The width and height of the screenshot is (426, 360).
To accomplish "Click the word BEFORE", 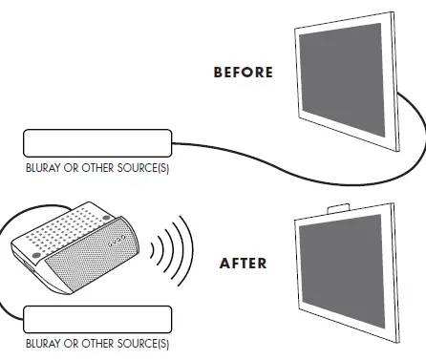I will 243,73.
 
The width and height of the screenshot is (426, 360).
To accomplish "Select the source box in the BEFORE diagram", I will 96,145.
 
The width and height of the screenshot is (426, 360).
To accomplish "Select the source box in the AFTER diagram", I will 96,319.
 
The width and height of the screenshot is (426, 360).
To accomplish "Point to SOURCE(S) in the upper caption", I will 143,167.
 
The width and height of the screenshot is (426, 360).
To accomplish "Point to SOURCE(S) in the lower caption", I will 143,342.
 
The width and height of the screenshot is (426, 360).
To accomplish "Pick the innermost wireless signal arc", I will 153,250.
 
